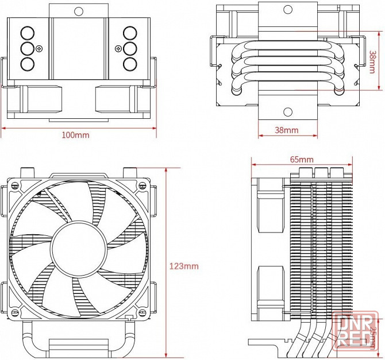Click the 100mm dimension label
click(76, 135)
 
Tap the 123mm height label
click(183, 266)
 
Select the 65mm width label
click(301, 158)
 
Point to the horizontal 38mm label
click(286, 130)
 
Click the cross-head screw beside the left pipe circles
click(39, 48)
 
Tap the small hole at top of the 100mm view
click(79, 10)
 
